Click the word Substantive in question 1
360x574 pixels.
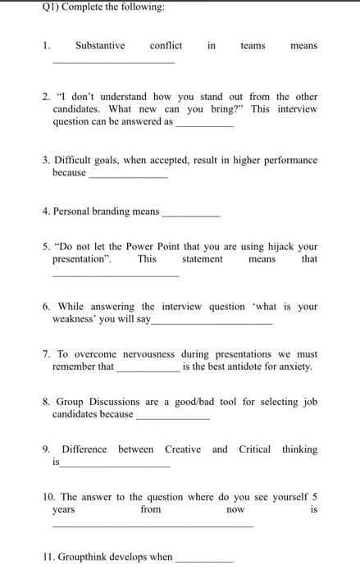coord(99,46)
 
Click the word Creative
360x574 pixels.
coord(183,449)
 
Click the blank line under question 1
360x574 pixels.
coord(113,62)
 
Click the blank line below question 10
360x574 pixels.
coord(153,526)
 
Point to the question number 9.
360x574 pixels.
coord(46,449)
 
